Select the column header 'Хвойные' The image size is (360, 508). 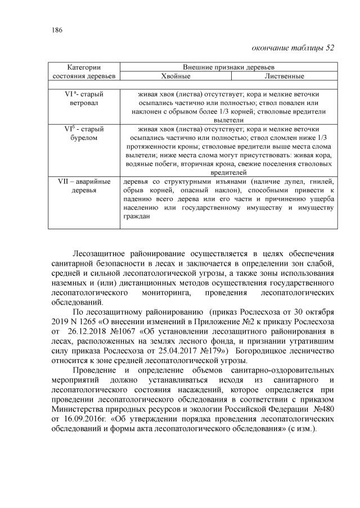click(176, 76)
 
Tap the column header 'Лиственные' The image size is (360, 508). click(285, 76)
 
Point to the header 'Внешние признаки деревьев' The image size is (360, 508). click(230, 67)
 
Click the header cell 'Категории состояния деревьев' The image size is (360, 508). click(84, 71)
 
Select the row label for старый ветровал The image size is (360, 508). click(84, 99)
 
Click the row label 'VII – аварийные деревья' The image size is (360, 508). click(84, 187)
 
